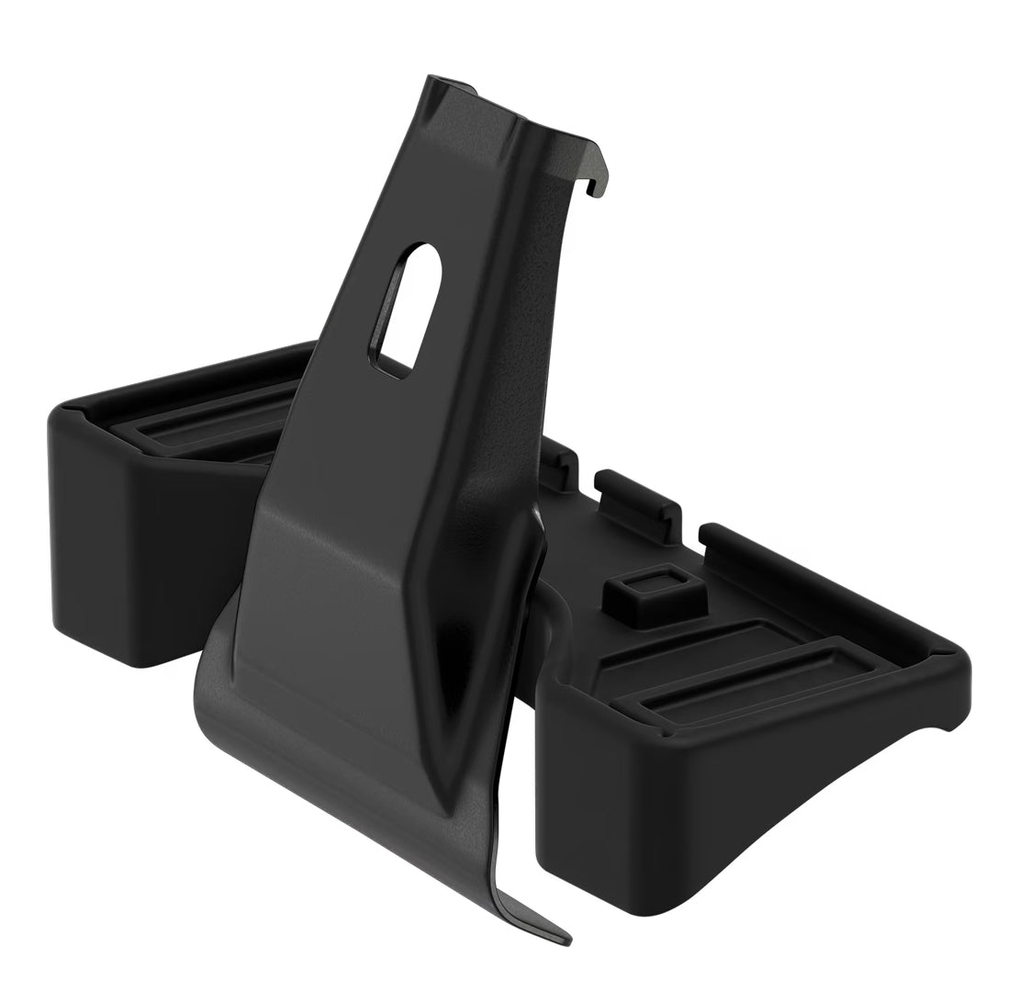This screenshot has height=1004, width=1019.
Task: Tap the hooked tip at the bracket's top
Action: click(x=596, y=187)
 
